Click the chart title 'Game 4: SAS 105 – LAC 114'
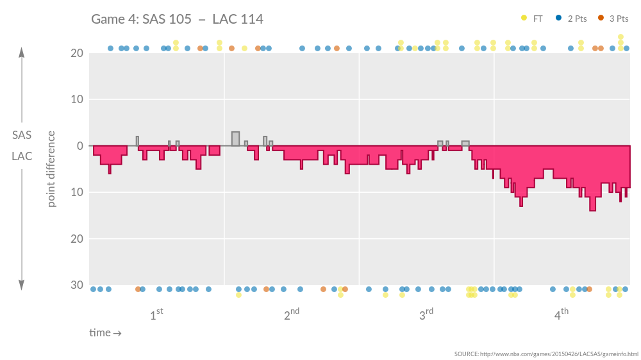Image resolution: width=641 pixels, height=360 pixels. (x=177, y=19)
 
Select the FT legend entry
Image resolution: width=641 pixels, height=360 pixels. (x=532, y=19)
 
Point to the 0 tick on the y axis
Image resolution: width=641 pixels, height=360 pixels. (x=79, y=146)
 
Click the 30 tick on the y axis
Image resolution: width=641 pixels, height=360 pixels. (x=77, y=285)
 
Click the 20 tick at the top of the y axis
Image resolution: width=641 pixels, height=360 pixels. (x=77, y=53)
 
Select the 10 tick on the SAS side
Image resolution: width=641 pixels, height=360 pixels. (x=77, y=99)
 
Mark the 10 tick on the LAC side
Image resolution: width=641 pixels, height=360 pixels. (x=77, y=192)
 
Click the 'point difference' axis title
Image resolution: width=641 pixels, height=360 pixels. (x=51, y=169)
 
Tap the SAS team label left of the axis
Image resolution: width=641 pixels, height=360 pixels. (x=22, y=135)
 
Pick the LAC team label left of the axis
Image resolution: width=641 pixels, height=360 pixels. (x=22, y=156)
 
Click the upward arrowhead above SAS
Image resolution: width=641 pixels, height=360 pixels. (x=22, y=53)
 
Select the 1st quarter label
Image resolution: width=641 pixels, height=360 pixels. (x=156, y=315)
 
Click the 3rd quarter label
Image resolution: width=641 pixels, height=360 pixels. (x=426, y=315)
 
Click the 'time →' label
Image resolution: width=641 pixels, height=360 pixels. (x=105, y=333)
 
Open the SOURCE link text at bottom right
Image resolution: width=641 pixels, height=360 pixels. (x=546, y=354)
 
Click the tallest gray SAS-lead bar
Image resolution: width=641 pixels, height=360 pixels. (x=235, y=139)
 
